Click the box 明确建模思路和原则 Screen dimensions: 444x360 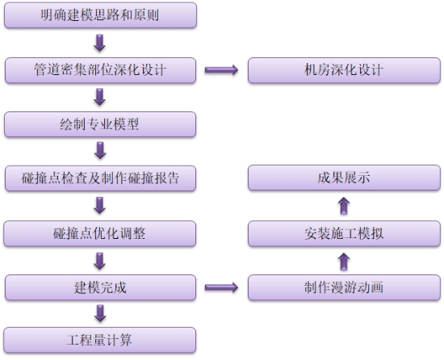pos(100,15)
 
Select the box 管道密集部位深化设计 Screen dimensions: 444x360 pos(100,70)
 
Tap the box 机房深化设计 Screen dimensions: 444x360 pos(344,70)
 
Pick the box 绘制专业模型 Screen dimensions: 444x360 pos(100,124)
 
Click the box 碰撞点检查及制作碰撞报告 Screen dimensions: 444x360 pos(100,178)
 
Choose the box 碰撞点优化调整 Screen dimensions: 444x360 pos(99,233)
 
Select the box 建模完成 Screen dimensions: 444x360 pos(100,287)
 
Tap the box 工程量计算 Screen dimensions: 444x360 pos(100,340)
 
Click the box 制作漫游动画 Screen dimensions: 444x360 pos(344,287)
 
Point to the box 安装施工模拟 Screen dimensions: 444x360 pos(344,233)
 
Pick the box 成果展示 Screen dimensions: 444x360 pos(344,178)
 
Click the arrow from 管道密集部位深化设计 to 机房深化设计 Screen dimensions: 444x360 pos(221,70)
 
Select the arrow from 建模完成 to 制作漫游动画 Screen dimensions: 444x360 pos(221,287)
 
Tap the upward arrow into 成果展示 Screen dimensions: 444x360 pos(344,206)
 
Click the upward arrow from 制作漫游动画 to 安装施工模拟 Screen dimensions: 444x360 pos(344,262)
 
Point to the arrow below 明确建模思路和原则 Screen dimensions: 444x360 pos(99,43)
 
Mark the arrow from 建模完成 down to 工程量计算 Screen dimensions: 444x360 pos(100,313)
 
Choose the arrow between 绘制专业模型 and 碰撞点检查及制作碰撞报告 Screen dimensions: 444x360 pos(100,151)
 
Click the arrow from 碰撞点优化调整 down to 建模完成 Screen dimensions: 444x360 pos(99,261)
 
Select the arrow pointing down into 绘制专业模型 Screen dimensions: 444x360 pos(99,97)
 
